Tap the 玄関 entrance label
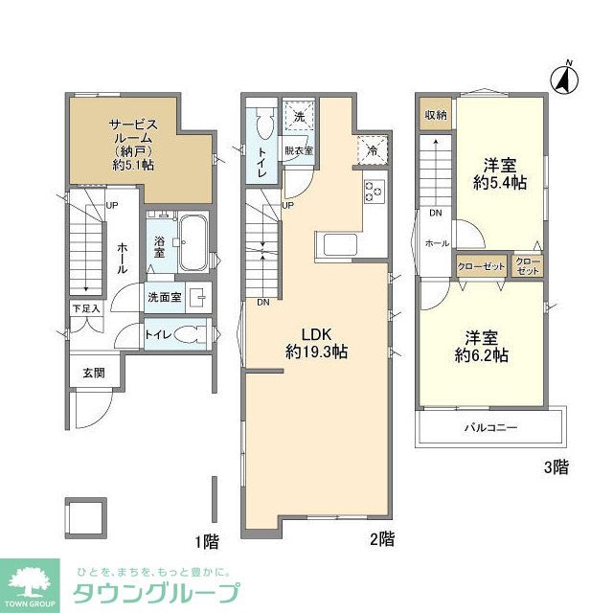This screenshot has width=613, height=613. (93, 374)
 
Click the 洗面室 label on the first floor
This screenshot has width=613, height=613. (164, 298)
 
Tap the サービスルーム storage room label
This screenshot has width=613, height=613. (133, 144)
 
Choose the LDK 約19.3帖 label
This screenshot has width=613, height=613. (316, 343)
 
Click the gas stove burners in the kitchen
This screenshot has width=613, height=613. (374, 192)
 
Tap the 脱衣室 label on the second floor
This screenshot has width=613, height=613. (298, 150)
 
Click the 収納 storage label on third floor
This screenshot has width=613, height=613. (436, 115)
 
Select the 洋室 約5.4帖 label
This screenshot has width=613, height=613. (500, 172)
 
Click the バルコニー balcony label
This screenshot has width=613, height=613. (491, 427)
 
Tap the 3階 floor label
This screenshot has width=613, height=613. (556, 468)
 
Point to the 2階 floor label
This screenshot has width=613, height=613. (382, 539)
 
